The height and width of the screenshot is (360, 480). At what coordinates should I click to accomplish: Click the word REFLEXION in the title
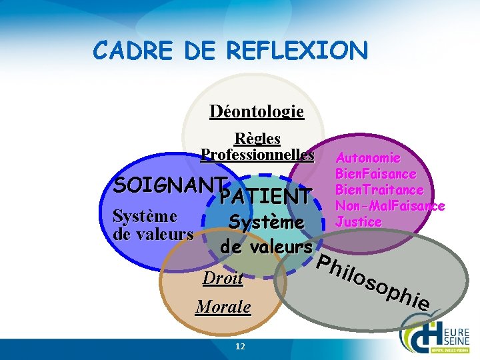[297, 50]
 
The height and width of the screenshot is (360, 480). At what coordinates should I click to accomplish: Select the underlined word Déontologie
[257, 111]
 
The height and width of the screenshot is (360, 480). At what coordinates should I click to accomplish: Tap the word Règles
[257, 139]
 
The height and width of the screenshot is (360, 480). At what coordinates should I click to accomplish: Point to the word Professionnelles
[257, 155]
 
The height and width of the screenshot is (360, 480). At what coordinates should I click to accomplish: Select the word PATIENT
[265, 197]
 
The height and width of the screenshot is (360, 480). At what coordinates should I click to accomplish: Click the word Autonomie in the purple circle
[368, 158]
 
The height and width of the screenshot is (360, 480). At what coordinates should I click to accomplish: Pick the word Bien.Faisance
[376, 174]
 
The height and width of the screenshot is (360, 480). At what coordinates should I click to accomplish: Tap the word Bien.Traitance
[379, 190]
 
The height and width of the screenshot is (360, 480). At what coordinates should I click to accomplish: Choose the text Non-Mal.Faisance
[390, 206]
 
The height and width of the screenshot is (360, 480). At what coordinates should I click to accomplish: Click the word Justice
[359, 221]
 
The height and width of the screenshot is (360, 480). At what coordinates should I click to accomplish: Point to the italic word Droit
[223, 279]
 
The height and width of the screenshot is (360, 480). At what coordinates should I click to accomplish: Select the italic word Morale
[223, 307]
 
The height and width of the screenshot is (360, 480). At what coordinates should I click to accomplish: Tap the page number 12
[241, 346]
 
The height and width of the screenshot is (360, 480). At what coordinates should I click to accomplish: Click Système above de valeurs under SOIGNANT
[145, 216]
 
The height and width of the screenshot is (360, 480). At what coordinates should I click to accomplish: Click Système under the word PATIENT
[267, 221]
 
